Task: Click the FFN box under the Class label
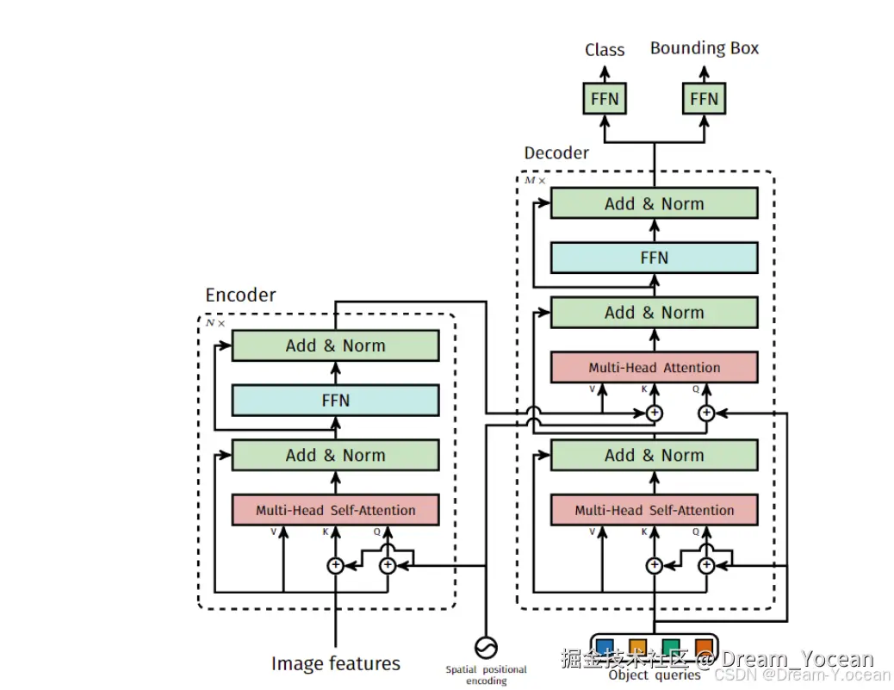coord(605,99)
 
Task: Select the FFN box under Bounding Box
coord(704,99)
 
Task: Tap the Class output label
coord(605,50)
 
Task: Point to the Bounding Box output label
coord(705,48)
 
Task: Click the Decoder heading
coord(556,153)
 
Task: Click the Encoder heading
coord(240,295)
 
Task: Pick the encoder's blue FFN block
coord(335,401)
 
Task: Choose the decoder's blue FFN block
coord(654,258)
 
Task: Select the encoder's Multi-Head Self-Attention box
coord(335,510)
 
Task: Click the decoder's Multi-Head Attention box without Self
coord(654,368)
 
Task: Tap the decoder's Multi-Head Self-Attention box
coord(654,510)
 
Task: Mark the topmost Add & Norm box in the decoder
coord(654,204)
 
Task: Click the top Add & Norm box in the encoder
coord(335,345)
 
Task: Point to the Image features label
coord(336,663)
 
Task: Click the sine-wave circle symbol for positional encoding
coord(486,646)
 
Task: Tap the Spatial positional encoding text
coord(486,674)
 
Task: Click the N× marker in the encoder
coord(214,323)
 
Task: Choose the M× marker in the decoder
coord(535,180)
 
